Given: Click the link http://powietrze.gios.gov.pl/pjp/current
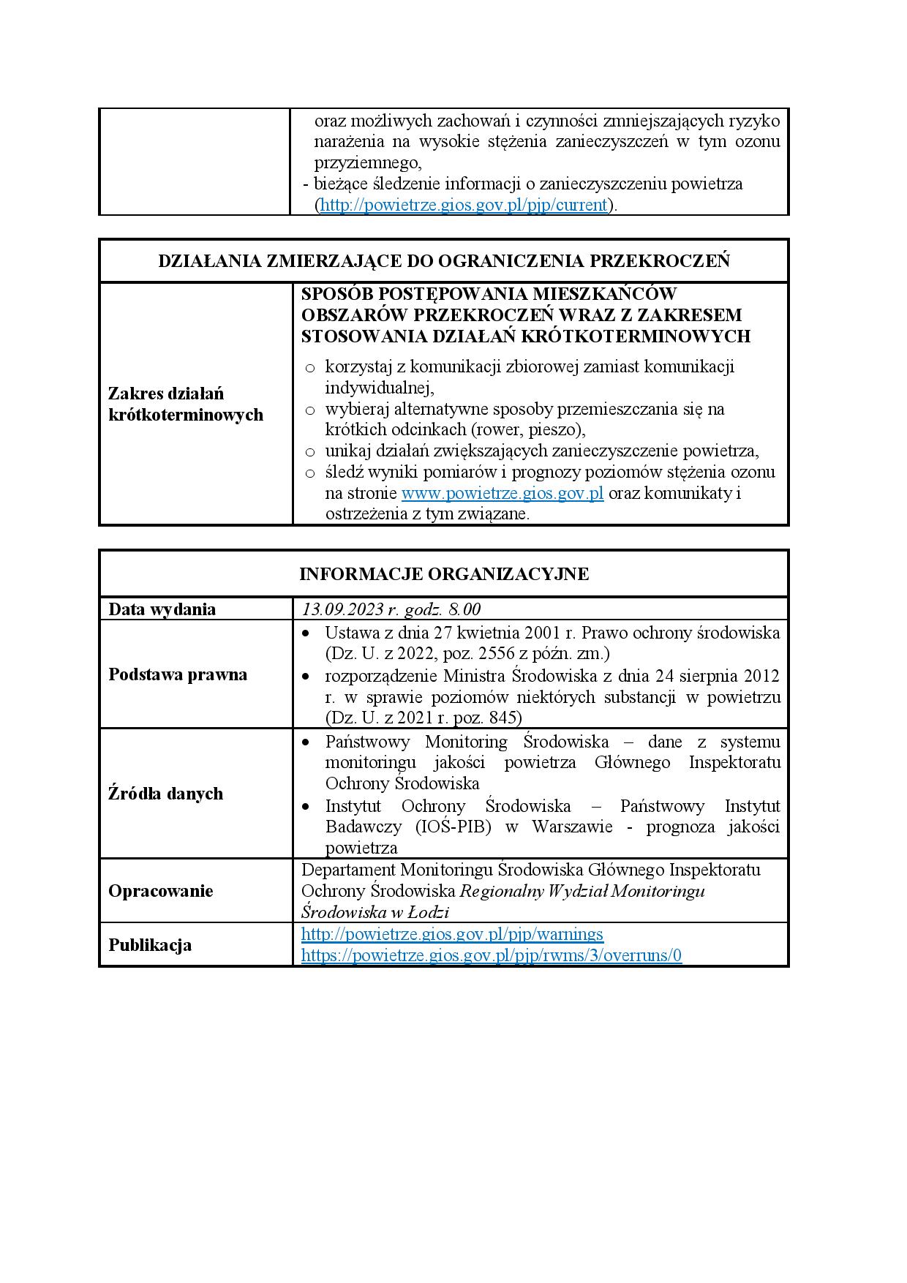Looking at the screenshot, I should point(464,205).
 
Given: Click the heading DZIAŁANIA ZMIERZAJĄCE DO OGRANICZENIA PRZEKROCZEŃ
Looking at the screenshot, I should point(444,261).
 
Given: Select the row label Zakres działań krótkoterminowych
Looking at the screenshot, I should point(186,404).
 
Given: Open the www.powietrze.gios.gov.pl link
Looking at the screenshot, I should point(503,493).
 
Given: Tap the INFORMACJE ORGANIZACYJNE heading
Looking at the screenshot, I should point(444,573).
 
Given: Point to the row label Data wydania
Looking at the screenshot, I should point(162,609).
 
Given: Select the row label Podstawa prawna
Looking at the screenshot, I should point(178,674).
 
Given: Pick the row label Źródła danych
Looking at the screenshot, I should point(165,794).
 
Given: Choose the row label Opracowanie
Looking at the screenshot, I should point(161,891).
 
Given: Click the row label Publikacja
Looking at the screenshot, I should point(150,945).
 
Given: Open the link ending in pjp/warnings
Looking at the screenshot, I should point(452,934).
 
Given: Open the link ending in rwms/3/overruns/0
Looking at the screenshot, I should point(492,955).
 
